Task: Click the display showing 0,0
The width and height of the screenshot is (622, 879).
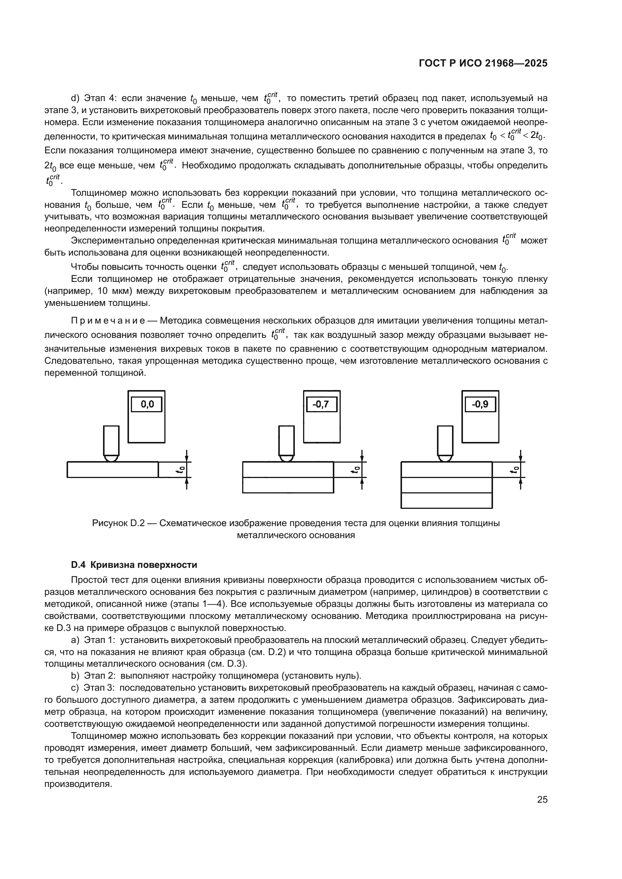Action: [x=146, y=404]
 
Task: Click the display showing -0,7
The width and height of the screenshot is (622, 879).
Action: [x=322, y=404]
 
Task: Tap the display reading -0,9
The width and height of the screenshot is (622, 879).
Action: [x=480, y=404]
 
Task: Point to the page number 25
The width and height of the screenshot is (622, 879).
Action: [x=542, y=800]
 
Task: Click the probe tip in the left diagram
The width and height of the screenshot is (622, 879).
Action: [x=111, y=458]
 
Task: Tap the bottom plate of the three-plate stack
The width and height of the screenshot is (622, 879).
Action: [x=447, y=500]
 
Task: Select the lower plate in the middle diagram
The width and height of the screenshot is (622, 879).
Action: [x=288, y=485]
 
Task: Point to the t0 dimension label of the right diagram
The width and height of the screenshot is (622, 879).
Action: [x=516, y=470]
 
